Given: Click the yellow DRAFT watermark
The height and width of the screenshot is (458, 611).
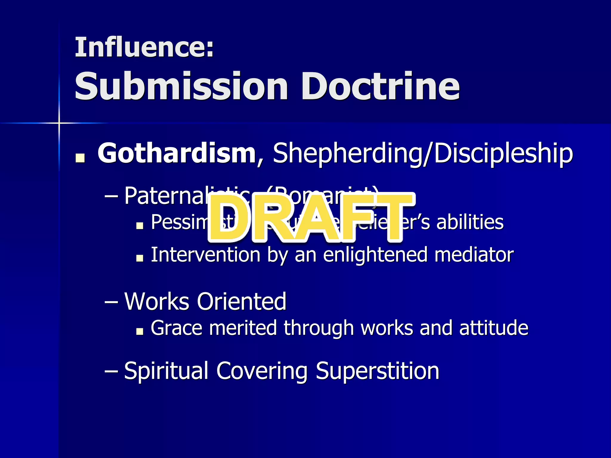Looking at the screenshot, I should pyautogui.click(x=310, y=218).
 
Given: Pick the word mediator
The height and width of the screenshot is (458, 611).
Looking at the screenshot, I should pyautogui.click(x=474, y=255).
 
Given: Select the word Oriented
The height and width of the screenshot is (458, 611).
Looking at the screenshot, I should pyautogui.click(x=242, y=301).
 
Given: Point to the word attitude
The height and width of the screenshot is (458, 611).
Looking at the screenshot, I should pyautogui.click(x=494, y=328).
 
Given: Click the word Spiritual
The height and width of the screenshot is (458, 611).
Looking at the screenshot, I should pyautogui.click(x=166, y=371).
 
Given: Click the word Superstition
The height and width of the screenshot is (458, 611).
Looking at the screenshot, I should pyautogui.click(x=377, y=371).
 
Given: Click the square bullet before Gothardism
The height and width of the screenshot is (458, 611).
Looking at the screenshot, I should pyautogui.click(x=80, y=158).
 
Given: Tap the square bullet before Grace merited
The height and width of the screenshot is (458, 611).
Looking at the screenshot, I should pyautogui.click(x=139, y=331).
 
